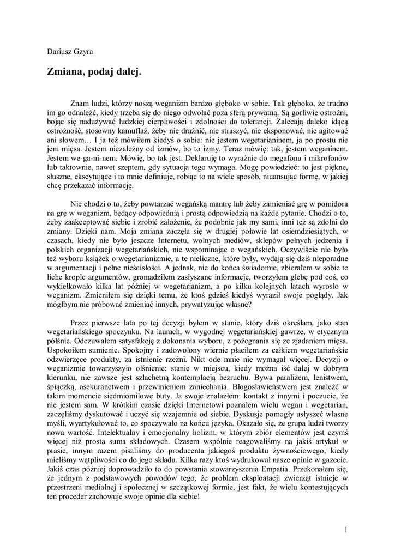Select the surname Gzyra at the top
click(x=83, y=52)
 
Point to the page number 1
click(x=346, y=529)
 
